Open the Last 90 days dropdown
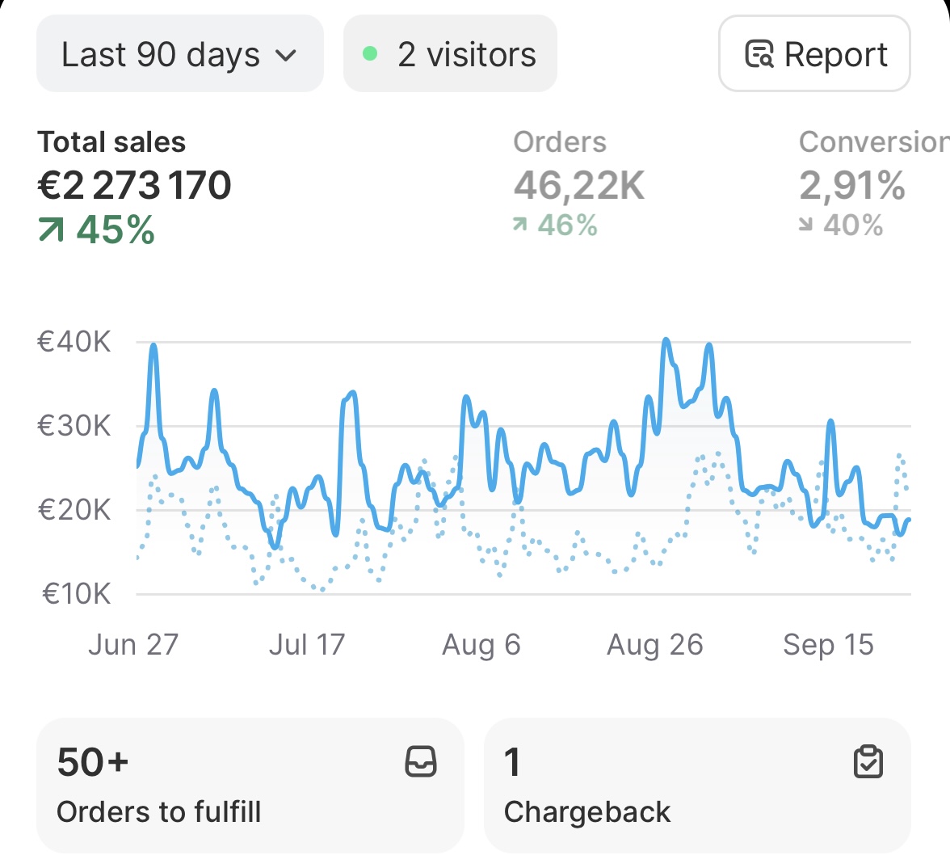click(x=179, y=55)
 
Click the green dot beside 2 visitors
click(x=370, y=54)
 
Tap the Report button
click(x=814, y=54)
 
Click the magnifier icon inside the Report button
click(x=759, y=55)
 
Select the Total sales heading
click(x=111, y=142)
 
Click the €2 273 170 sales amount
click(x=134, y=186)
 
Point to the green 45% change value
click(x=115, y=230)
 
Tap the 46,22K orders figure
click(x=579, y=186)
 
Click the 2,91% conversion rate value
click(x=852, y=186)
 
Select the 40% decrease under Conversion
click(x=852, y=225)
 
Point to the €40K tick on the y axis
click(x=74, y=342)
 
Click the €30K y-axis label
click(x=74, y=426)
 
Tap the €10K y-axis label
click(x=76, y=594)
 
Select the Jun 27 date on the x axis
click(x=132, y=645)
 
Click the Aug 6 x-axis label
click(x=481, y=645)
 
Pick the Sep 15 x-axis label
click(x=828, y=645)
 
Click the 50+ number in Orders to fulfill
click(x=93, y=762)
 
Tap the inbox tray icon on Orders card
click(x=421, y=761)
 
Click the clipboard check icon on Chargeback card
click(x=868, y=761)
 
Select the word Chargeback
click(x=587, y=812)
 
